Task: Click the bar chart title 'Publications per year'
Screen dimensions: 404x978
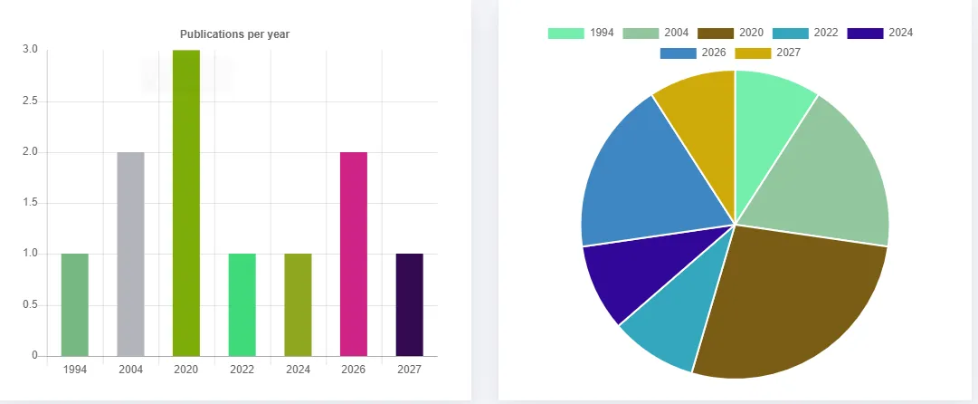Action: [233, 34]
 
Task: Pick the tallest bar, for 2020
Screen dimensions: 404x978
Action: [186, 203]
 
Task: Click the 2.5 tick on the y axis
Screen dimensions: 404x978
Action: [30, 101]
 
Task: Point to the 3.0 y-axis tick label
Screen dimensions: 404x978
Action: [30, 50]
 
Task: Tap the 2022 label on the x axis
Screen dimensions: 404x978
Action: [242, 370]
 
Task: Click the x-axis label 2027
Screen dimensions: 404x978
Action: [409, 370]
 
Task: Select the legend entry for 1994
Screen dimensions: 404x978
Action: [582, 33]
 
